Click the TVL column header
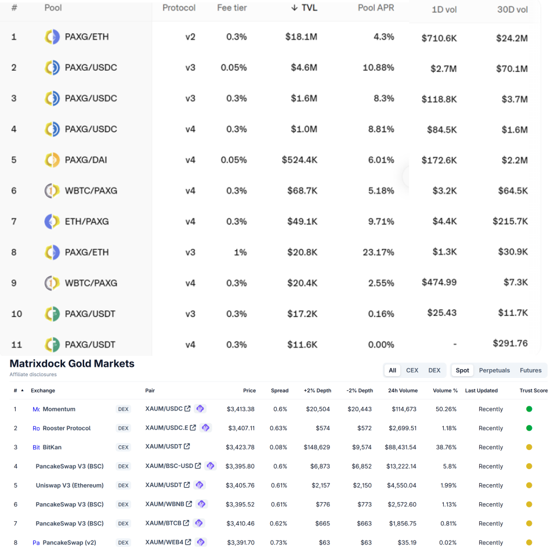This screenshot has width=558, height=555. (305, 8)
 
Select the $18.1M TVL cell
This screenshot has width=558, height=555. (301, 37)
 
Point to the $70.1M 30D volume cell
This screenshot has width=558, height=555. (512, 69)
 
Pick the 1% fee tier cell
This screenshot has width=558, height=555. (240, 252)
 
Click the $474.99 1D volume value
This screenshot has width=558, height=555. (439, 282)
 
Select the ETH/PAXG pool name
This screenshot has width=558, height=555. (86, 221)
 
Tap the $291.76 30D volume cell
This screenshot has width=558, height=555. (510, 343)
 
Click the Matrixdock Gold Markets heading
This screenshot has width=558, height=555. (72, 364)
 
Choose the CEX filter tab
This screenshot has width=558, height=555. (412, 370)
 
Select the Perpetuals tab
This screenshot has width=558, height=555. (494, 370)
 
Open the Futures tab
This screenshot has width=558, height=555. (530, 370)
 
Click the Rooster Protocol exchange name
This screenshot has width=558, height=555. (67, 428)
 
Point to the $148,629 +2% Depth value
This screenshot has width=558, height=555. (317, 448)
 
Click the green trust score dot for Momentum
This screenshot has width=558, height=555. (529, 409)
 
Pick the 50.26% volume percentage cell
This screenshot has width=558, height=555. (445, 409)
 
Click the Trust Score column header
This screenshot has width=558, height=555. (533, 391)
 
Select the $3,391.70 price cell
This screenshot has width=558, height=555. (240, 543)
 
